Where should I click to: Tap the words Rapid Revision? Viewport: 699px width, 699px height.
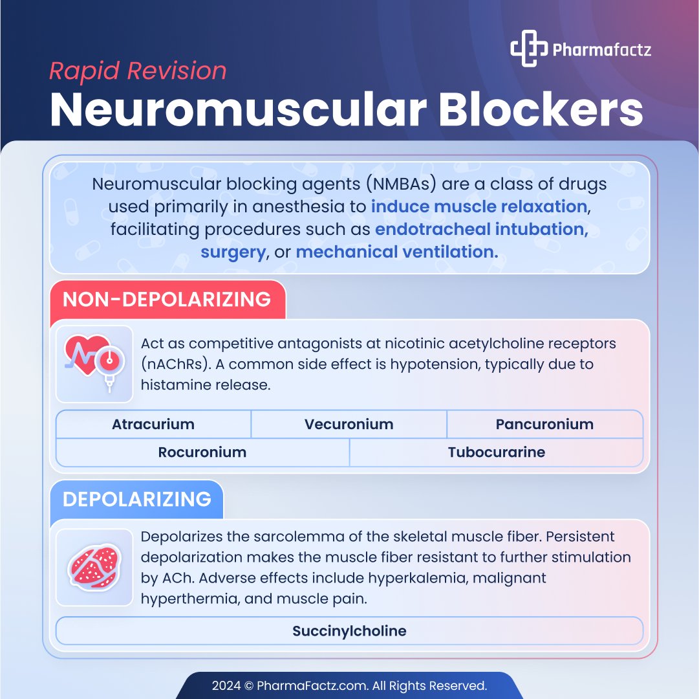click(x=138, y=71)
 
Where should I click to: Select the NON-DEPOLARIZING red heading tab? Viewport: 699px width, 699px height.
click(x=167, y=300)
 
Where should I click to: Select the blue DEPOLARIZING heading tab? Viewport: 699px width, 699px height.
click(x=136, y=500)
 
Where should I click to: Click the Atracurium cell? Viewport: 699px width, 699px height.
click(x=153, y=425)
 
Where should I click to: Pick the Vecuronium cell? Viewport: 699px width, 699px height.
click(x=349, y=425)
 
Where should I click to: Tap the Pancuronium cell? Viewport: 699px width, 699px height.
click(x=544, y=425)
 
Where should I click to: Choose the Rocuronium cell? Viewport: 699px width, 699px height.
click(x=202, y=452)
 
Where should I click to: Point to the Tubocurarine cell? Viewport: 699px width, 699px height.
click(x=496, y=452)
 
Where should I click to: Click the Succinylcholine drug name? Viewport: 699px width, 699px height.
click(x=349, y=631)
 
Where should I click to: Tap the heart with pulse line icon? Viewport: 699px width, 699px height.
click(x=90, y=362)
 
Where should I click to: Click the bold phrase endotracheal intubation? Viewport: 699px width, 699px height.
click(x=481, y=229)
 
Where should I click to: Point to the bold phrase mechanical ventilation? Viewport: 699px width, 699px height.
click(x=396, y=252)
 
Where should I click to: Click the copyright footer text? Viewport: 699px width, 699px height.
click(x=349, y=685)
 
